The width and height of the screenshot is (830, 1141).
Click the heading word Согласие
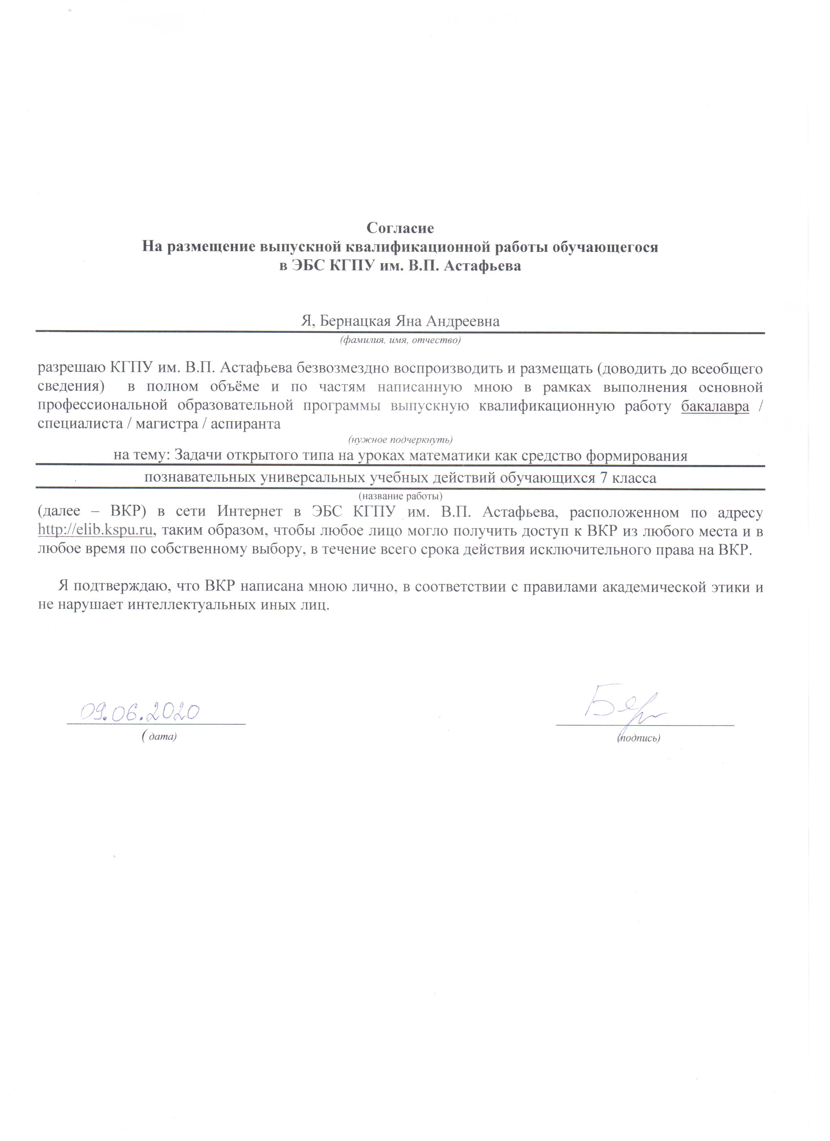pos(400,229)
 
